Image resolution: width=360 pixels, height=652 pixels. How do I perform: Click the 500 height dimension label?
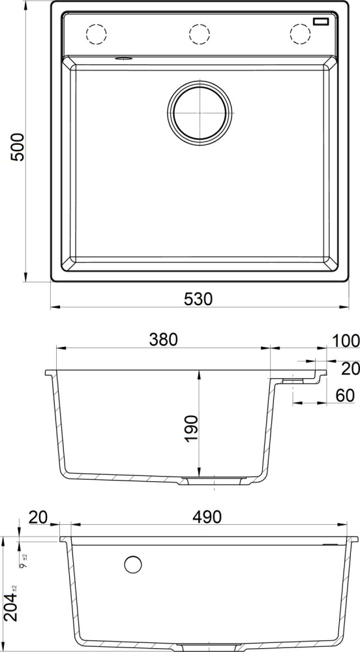pyautogui.click(x=18, y=147)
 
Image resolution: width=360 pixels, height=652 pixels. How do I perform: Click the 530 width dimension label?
pyautogui.click(x=198, y=299)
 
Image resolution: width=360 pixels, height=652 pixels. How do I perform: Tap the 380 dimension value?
pyautogui.click(x=164, y=340)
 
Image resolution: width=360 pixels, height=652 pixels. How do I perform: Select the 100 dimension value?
pyautogui.click(x=346, y=341)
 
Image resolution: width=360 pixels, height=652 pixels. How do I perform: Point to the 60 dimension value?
pyautogui.click(x=345, y=396)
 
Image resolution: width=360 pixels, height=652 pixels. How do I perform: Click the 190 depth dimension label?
pyautogui.click(x=192, y=428)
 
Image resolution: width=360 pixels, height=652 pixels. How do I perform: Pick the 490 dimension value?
pyautogui.click(x=207, y=517)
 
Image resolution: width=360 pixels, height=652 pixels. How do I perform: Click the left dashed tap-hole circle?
pyautogui.click(x=96, y=34)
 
